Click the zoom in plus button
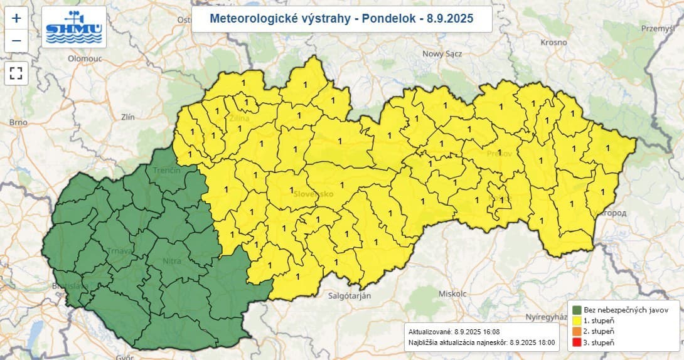click(16, 18)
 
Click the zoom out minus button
click(16, 41)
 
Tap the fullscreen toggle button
click(16, 73)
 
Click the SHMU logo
click(74, 28)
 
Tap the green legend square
click(577, 310)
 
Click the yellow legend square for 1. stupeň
click(577, 320)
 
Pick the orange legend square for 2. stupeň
click(577, 331)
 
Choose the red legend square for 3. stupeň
click(577, 342)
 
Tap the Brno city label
click(18, 122)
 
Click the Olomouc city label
click(85, 58)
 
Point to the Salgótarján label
click(350, 295)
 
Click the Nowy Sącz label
click(442, 54)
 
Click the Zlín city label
click(128, 117)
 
